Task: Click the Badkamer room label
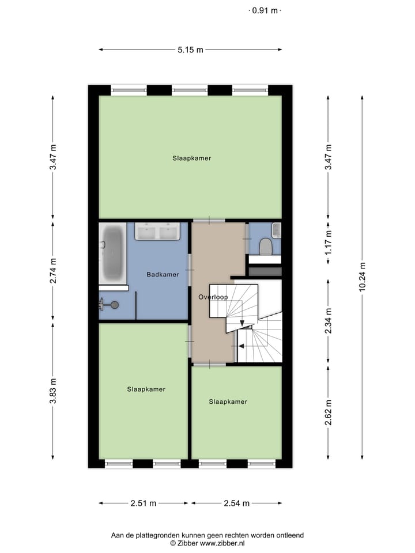(x=163, y=275)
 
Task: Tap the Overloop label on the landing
(x=213, y=297)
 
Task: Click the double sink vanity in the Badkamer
(x=157, y=232)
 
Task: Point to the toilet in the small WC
(x=266, y=247)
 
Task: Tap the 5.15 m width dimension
(x=190, y=50)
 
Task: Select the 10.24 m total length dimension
(x=363, y=277)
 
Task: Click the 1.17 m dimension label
(x=328, y=243)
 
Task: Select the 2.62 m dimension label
(x=328, y=412)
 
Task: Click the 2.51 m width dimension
(x=144, y=503)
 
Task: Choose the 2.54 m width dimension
(x=236, y=503)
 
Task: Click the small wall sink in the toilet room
(x=276, y=230)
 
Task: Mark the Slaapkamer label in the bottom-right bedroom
(x=228, y=402)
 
